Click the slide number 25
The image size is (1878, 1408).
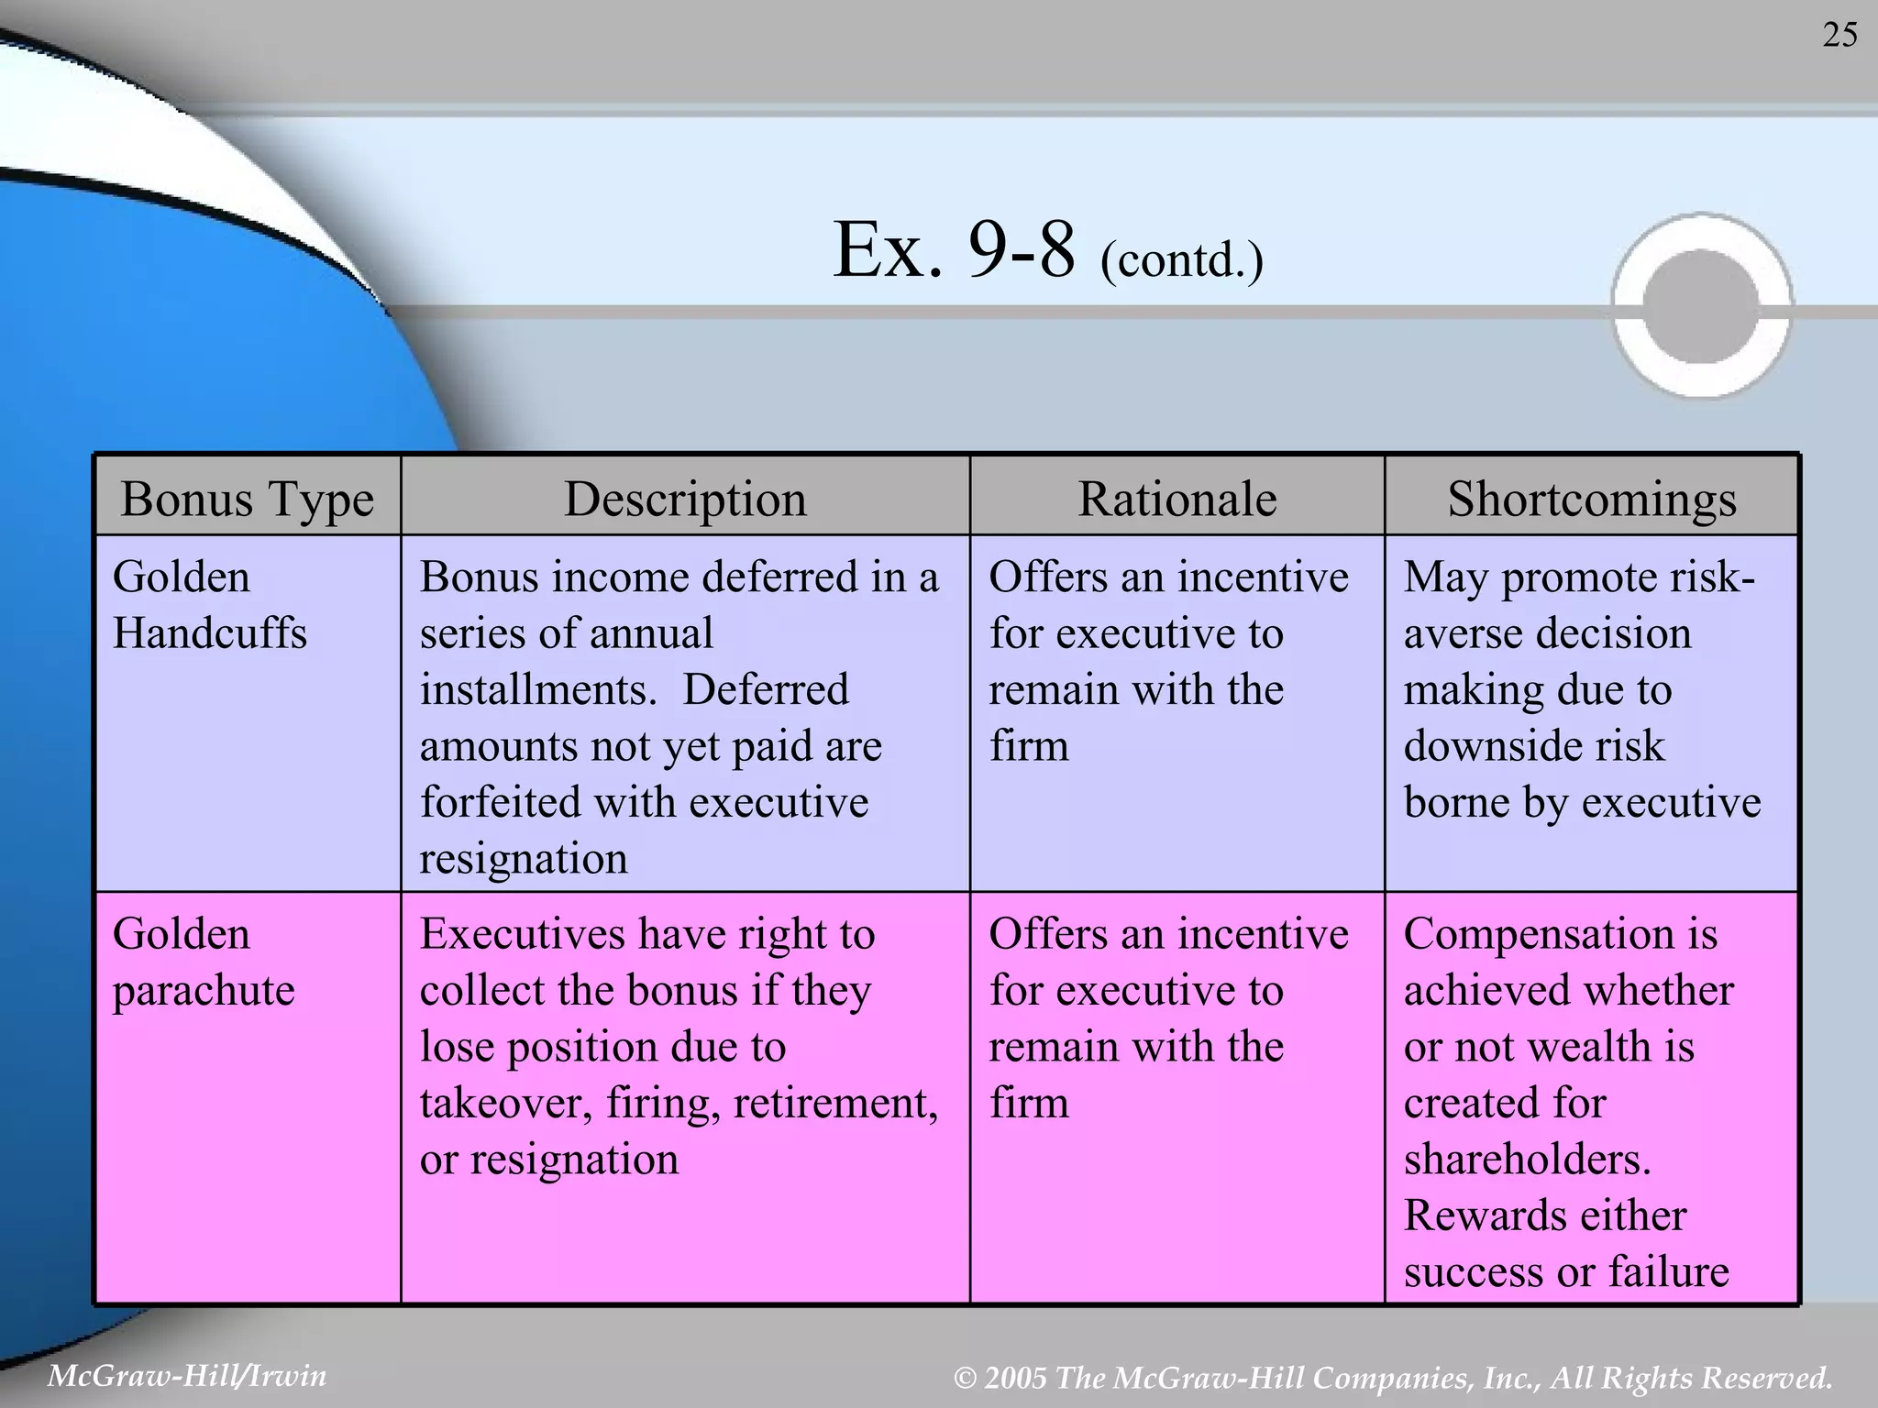[1839, 36]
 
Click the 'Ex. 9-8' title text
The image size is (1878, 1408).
[954, 250]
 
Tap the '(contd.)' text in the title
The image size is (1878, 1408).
[1181, 259]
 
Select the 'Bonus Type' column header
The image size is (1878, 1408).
[248, 500]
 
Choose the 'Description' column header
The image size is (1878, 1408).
[685, 500]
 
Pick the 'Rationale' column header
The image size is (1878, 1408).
[1177, 500]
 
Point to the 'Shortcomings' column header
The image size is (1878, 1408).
[1591, 500]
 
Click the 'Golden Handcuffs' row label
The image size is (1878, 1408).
[209, 605]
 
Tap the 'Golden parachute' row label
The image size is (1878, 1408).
[204, 962]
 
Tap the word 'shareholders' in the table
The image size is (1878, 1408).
[1526, 1160]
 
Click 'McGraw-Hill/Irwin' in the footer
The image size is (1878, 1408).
[187, 1376]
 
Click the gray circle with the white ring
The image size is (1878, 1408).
[1702, 305]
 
